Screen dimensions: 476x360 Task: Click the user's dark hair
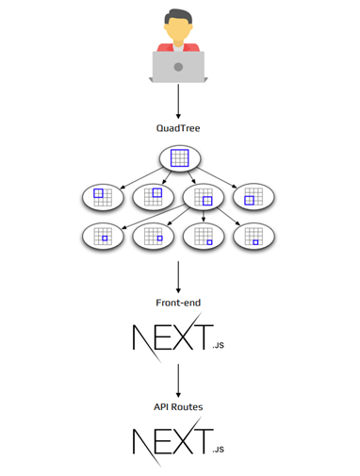point(178,15)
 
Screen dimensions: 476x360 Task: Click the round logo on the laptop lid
point(178,67)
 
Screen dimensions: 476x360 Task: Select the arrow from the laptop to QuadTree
point(178,98)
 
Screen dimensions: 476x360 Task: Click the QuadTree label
point(178,125)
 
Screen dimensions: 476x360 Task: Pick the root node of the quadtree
point(178,159)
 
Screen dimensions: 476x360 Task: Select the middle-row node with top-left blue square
point(101,197)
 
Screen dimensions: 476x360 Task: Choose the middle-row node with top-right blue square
point(153,197)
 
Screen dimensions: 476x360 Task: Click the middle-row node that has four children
point(205,197)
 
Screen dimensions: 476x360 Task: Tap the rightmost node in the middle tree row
point(255,197)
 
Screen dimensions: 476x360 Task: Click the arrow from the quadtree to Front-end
point(178,276)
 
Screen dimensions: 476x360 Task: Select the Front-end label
point(178,304)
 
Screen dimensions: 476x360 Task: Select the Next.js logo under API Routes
point(170,443)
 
